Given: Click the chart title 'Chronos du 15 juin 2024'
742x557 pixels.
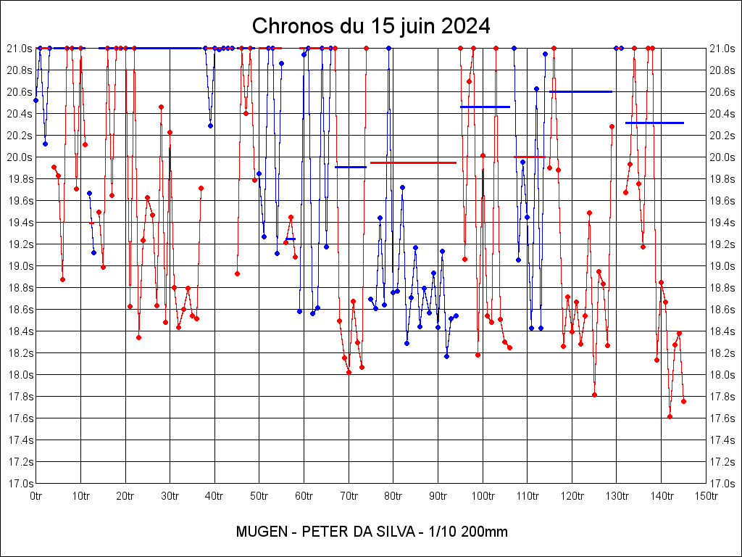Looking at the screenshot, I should (x=371, y=26).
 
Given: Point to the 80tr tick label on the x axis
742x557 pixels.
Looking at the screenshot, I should (x=393, y=496).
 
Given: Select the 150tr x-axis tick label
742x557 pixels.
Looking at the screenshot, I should (x=706, y=496).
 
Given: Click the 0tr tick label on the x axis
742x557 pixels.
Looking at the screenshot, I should (x=36, y=496).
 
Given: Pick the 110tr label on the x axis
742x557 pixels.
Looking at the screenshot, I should (x=527, y=496).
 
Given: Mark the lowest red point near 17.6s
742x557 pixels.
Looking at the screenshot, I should (x=670, y=416).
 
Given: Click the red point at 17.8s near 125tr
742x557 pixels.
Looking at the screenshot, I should (x=594, y=395).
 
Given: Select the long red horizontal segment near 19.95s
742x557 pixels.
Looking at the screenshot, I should (x=413, y=162).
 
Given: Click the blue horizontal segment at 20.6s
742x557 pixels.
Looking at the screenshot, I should (x=580, y=91).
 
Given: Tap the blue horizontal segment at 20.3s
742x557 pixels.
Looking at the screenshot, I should (x=654, y=123).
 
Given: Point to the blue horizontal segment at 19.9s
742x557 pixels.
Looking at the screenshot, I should (x=351, y=167).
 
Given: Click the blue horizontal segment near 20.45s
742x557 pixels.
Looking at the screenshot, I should (x=485, y=107).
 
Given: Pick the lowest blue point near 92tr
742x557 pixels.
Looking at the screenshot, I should (x=446, y=356).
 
